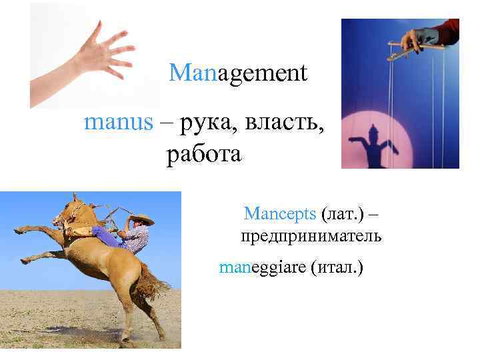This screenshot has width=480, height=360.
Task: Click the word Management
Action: [238, 73]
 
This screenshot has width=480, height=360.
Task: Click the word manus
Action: [118, 123]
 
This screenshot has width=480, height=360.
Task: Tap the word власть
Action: [283, 123]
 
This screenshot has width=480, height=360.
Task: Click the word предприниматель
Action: [311, 237]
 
